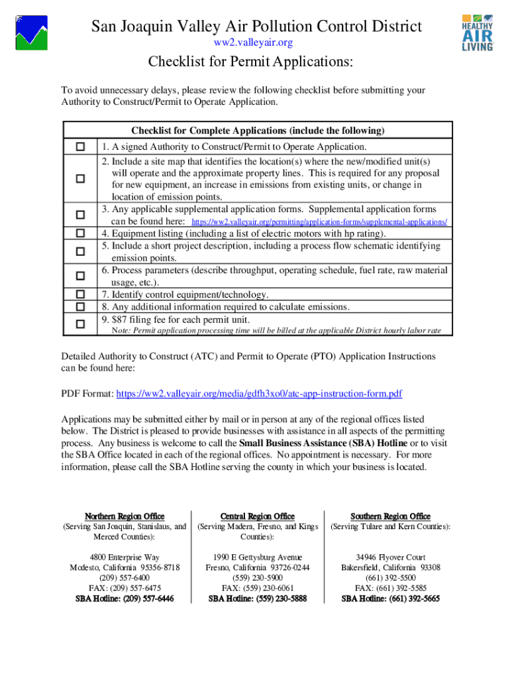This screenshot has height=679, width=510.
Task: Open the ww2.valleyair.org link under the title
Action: coord(253,42)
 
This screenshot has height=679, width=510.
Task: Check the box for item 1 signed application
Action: coord(80,147)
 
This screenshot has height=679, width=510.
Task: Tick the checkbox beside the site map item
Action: coord(80,178)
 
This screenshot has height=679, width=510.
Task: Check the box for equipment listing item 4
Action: coord(80,233)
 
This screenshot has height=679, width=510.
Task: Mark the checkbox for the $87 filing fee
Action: coord(80,324)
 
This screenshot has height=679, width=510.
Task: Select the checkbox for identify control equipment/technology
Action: coord(80,294)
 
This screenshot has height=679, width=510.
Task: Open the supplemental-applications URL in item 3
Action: coord(319,221)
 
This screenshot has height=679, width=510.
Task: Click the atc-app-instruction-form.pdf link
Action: coord(259,394)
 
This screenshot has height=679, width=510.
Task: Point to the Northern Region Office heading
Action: coord(125,516)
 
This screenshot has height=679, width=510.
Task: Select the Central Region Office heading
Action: coord(257,516)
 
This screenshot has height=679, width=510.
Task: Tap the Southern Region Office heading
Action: coord(390,516)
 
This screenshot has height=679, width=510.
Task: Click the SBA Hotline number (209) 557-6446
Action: coord(125,598)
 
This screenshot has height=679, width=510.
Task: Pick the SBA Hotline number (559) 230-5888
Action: coord(258,598)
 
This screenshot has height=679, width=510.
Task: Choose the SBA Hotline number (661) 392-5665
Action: coord(390,598)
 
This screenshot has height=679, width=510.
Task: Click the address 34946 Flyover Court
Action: coord(390,557)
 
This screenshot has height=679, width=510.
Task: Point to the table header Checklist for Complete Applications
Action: coord(258,130)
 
